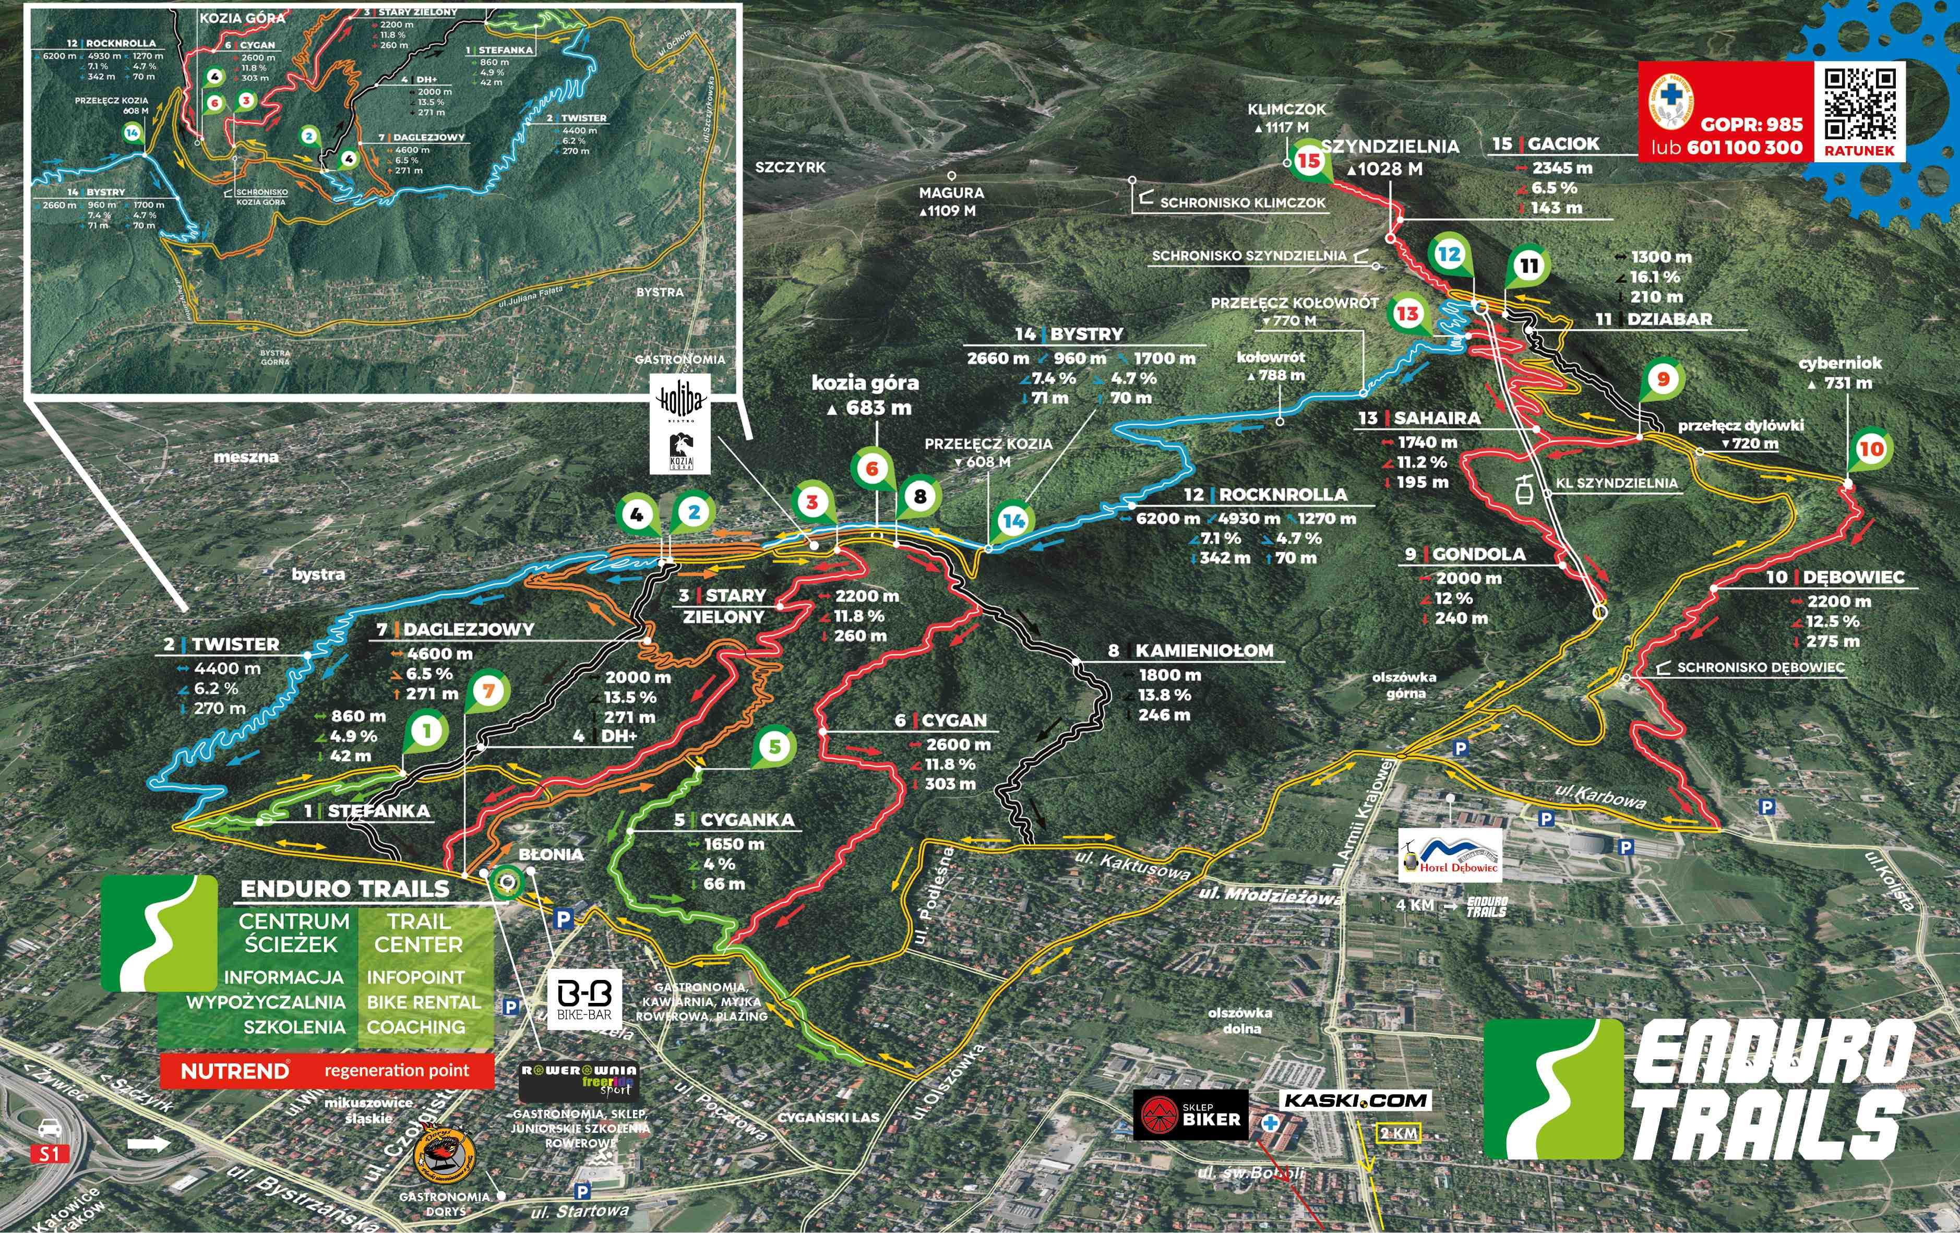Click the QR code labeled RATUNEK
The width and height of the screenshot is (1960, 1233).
pos(1859,104)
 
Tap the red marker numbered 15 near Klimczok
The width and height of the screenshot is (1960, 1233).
pos(1308,160)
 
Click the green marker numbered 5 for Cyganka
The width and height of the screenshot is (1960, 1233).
pos(774,746)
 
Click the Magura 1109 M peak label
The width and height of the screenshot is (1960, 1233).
pos(951,201)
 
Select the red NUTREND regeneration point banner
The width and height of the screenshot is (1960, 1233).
pos(326,1070)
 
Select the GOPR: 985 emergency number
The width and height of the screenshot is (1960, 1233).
pos(1750,125)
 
